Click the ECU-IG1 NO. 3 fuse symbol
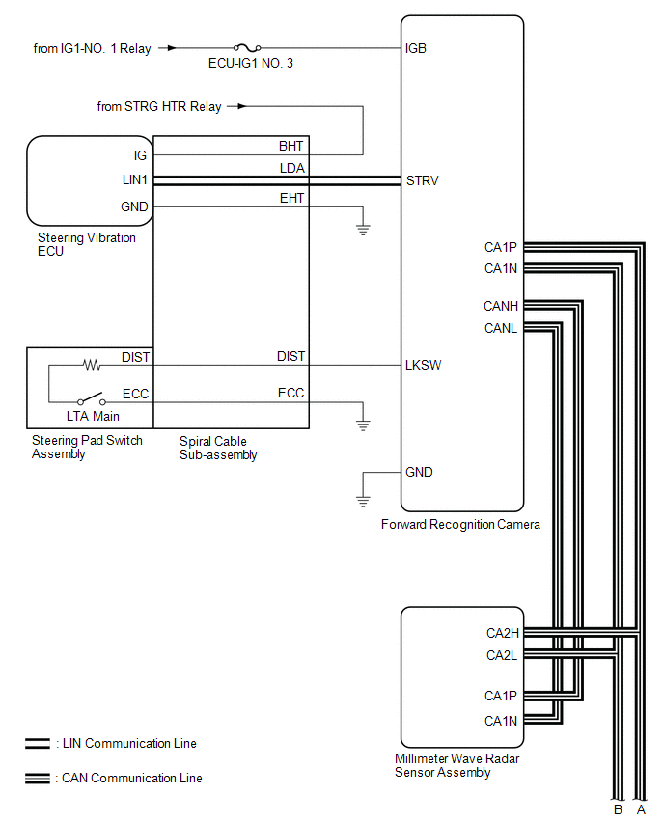coord(247,47)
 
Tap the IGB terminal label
coord(417,47)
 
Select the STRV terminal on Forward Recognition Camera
coord(423,179)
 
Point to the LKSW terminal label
coord(424,366)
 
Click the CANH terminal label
coord(501,306)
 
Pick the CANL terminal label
coord(501,328)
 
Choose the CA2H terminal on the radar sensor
coord(502,634)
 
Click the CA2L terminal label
coord(502,656)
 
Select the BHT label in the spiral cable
coord(290,146)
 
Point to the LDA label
coord(291,169)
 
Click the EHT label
coord(290,198)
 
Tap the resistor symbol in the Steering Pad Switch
coord(92,366)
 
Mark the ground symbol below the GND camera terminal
coord(363,501)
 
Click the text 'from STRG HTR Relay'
coord(158,106)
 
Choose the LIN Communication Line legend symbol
coord(39,744)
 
